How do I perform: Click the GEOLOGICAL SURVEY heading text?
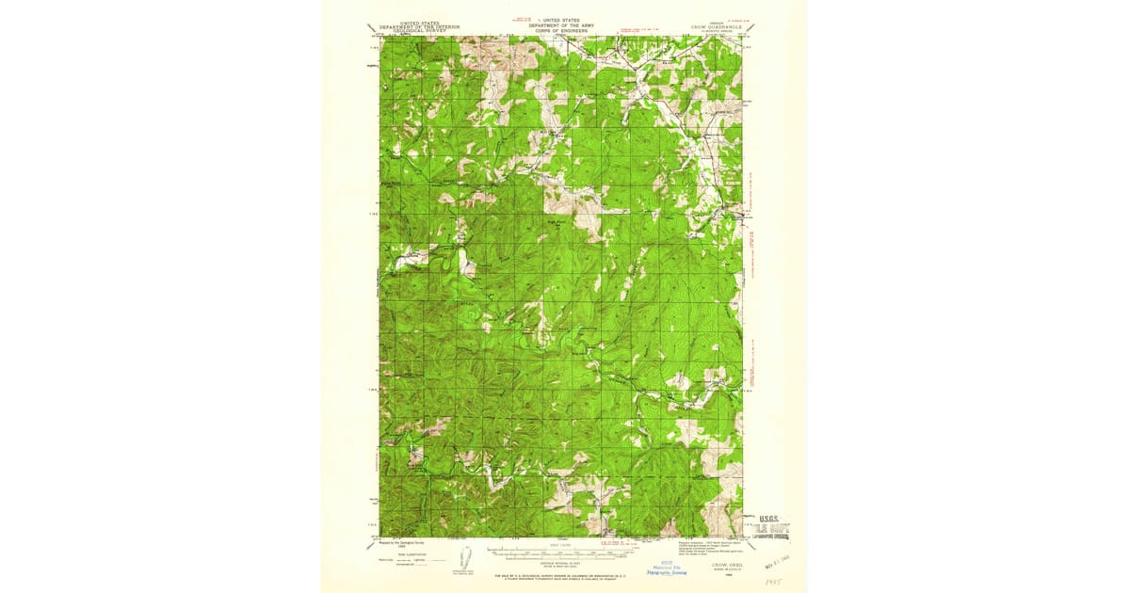pos(419,31)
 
